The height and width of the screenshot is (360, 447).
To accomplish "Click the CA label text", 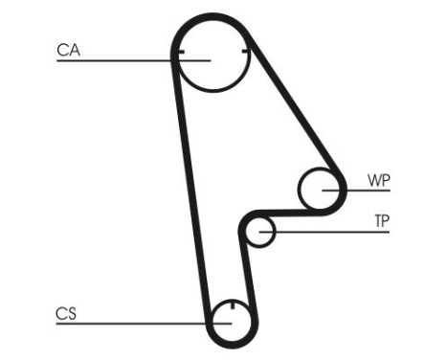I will point(68,50).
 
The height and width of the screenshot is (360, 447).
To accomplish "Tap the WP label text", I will point(379,180).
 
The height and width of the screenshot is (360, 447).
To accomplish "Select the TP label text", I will point(382,221).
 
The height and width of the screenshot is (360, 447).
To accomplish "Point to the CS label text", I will point(66,312).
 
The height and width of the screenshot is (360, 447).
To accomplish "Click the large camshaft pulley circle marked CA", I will point(212,59).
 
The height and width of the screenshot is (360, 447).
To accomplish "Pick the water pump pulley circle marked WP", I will point(320,189).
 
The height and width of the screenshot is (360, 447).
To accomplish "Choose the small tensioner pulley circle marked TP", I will point(260,231).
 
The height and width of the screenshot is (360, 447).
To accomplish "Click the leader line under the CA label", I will point(115,61).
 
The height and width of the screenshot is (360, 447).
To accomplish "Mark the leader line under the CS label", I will point(124,324).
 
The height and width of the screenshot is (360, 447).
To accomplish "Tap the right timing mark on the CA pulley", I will point(246,50).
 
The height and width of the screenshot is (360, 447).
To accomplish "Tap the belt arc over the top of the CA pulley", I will point(212,18).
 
